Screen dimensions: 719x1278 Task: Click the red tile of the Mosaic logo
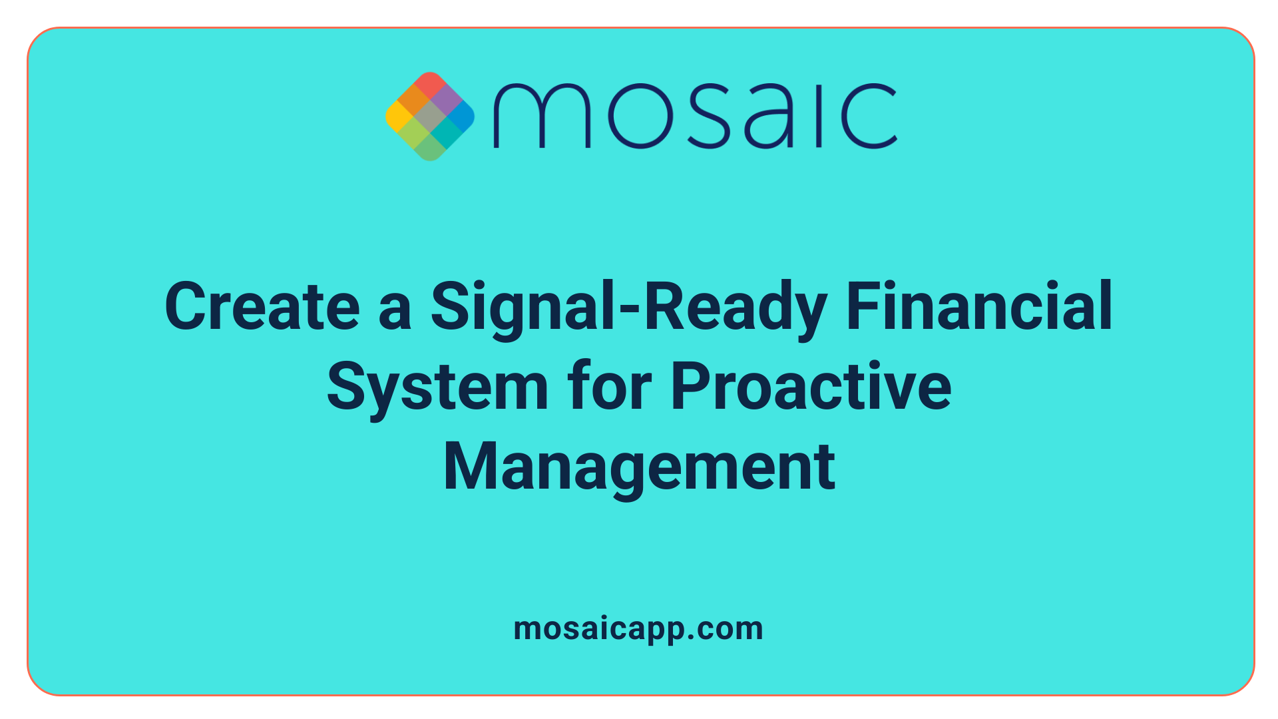[429, 85]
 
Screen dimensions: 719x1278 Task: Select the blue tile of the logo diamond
[461, 116]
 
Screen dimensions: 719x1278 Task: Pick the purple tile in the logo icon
[445, 101]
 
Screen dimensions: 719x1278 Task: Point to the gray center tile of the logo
[429, 117]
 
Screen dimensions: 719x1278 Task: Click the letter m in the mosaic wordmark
[541, 117]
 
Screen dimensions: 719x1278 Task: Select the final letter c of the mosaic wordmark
[869, 117]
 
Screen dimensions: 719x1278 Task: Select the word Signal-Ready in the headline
[628, 308]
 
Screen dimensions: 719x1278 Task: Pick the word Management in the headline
[639, 467]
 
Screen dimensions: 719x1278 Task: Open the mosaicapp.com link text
[638, 629]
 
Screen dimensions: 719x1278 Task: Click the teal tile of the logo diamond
[445, 132]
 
